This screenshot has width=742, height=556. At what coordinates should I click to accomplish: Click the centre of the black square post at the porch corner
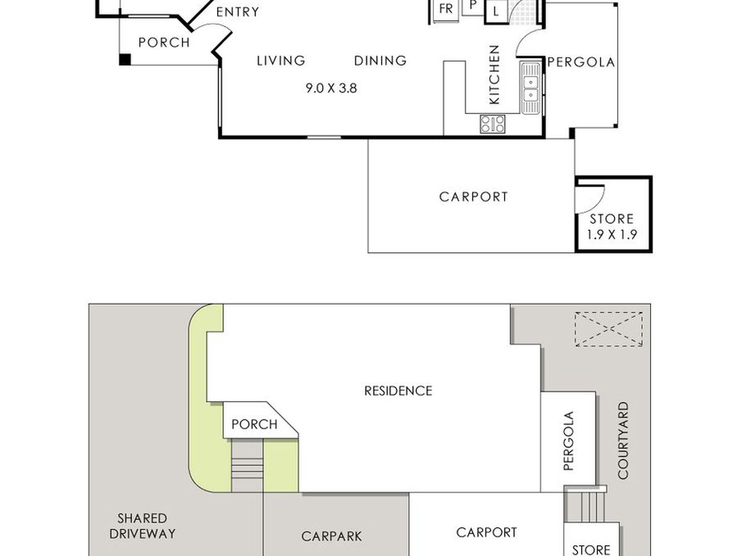click(125, 59)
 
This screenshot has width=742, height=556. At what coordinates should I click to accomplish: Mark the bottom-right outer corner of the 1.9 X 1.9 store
click(652, 253)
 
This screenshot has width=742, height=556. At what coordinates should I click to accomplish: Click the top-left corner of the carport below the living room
click(368, 140)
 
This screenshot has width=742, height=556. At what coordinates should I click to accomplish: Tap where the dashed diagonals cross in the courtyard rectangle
click(609, 329)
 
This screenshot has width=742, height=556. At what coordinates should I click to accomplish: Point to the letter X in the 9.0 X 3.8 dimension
click(331, 88)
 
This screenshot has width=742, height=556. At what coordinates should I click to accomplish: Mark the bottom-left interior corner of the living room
click(222, 135)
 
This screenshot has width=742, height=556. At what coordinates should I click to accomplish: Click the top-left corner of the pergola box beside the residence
click(540, 392)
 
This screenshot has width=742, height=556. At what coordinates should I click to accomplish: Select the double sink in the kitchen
click(531, 88)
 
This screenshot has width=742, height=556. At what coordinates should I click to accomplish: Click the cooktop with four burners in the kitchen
click(493, 124)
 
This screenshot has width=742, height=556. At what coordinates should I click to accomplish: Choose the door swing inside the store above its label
click(590, 199)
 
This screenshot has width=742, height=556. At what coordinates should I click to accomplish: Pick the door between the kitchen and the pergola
click(530, 43)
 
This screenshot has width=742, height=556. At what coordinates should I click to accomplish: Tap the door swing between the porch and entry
click(212, 28)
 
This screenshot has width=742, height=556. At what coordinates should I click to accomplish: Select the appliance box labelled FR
click(446, 10)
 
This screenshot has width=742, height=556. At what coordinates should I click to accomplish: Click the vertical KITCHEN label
click(494, 75)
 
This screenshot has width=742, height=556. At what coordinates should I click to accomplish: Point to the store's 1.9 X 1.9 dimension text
click(612, 235)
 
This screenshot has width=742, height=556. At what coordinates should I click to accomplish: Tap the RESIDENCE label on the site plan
click(398, 391)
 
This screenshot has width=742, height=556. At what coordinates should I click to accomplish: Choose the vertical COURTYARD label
click(623, 440)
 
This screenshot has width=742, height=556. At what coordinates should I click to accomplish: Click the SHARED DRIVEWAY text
click(142, 526)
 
